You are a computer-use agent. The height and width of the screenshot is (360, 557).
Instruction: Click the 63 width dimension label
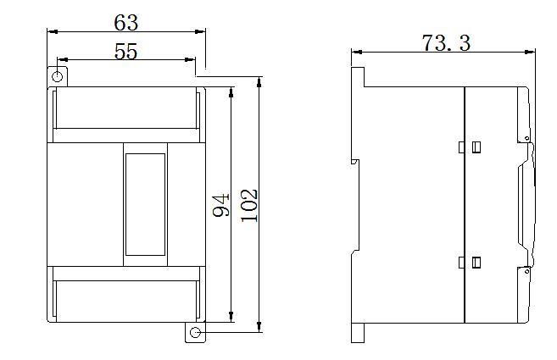[x=125, y=23]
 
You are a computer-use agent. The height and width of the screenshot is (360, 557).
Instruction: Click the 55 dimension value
[x=125, y=52]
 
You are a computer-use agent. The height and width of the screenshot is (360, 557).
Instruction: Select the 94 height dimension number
[x=221, y=205]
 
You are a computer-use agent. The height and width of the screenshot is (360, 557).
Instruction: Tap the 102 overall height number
[x=249, y=205]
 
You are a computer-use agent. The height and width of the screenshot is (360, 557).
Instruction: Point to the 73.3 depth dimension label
[x=446, y=43]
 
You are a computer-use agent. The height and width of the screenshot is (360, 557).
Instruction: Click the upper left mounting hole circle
[x=57, y=76]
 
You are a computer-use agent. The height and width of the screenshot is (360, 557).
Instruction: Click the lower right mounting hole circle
[x=195, y=333]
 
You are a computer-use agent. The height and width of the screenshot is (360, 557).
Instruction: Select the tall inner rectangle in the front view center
[x=145, y=204]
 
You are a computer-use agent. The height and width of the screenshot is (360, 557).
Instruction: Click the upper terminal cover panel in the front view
[x=126, y=108]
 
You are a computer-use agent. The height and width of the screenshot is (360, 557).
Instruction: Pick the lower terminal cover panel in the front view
[x=126, y=302]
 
